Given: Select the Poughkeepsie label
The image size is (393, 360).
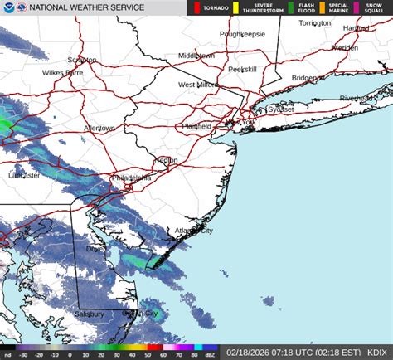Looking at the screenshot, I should [241, 34].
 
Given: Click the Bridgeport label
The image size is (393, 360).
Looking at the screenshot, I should [308, 77].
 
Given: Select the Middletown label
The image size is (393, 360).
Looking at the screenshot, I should [196, 55].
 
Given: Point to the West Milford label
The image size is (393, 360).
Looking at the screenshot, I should [197, 85].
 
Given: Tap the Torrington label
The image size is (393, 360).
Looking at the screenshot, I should [314, 22].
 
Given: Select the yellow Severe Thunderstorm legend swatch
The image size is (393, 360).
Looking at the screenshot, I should [235, 7].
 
